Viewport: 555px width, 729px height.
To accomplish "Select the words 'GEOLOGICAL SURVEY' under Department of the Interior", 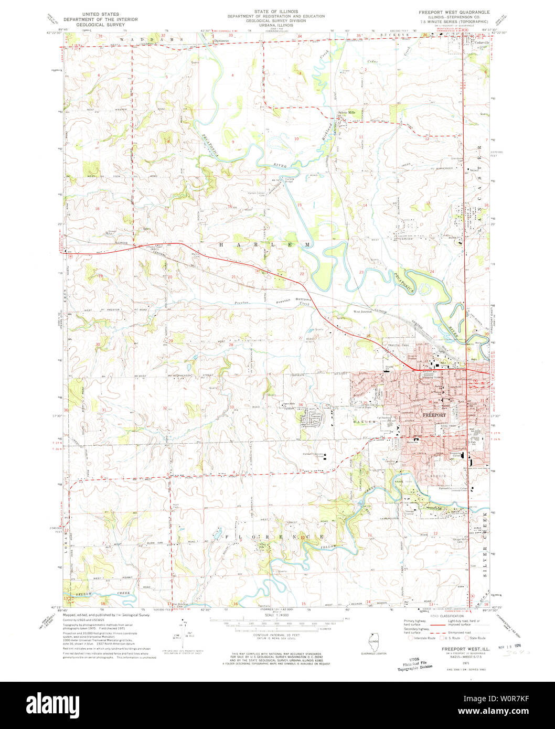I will [x=110, y=24].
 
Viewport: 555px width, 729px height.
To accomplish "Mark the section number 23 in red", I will [x=361, y=272].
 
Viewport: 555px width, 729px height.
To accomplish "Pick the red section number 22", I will [x=302, y=274].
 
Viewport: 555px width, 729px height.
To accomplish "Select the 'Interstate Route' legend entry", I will [x=427, y=638].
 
